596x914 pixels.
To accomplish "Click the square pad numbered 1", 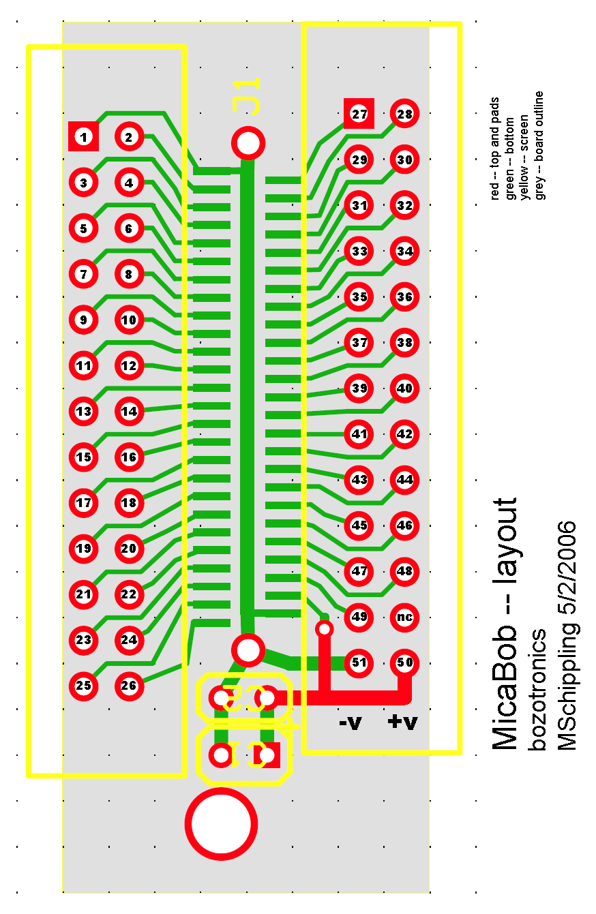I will pos(84,137).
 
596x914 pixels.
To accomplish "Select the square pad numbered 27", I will pos(359,114).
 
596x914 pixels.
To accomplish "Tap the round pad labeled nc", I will pos(405,618).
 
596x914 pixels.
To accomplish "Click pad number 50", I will pos(405,662).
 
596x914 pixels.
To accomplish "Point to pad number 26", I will pos(130,686).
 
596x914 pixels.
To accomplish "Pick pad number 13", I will pos(84,412).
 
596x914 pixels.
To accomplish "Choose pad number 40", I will pos(405,389).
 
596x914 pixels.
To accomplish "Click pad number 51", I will pos(359,662).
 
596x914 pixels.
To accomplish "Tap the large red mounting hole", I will pos(221,823).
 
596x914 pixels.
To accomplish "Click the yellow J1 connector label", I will pos(246,96).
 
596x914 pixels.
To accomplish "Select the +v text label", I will pos(402,722).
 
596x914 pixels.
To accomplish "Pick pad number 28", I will pos(405,114).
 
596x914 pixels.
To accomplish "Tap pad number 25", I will pos(84,686).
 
